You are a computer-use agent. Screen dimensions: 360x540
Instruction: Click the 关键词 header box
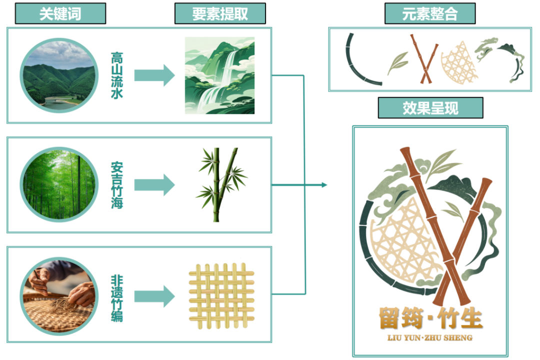pos(60,13)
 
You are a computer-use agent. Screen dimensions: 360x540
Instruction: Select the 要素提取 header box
pos(219,13)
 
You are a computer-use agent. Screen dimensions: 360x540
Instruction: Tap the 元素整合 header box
pos(429,13)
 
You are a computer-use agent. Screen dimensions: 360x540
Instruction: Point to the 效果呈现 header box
pos(430,108)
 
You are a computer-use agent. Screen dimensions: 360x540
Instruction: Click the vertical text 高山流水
pos(116,75)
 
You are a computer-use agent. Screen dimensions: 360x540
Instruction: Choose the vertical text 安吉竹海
pos(116,184)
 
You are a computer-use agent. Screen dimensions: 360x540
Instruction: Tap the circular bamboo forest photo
pos(58,184)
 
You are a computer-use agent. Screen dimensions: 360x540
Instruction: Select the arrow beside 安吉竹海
pos(154,184)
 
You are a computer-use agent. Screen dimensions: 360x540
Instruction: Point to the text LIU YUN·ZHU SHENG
pos(430,338)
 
